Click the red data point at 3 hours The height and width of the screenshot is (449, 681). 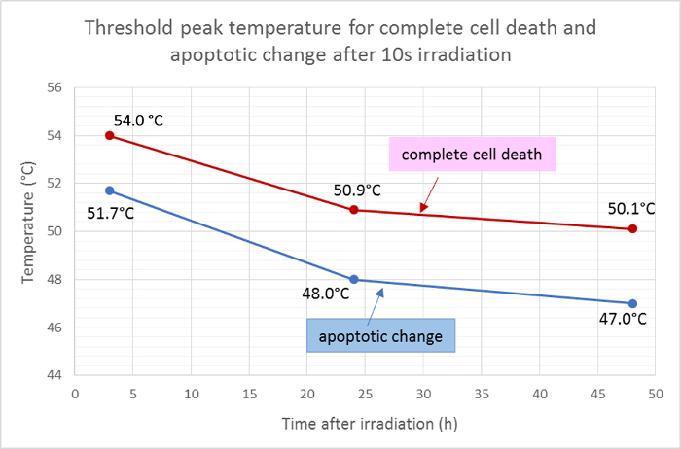[x=110, y=135]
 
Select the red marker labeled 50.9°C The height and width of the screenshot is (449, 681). [x=354, y=210]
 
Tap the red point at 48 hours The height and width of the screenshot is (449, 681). [x=632, y=229]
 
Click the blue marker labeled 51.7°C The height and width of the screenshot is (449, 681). [x=110, y=190]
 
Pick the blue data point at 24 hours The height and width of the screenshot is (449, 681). [x=354, y=280]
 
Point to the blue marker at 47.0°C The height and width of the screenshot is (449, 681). [x=632, y=303]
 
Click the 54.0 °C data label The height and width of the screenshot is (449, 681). [x=138, y=120]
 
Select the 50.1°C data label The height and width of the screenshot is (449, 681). [x=631, y=208]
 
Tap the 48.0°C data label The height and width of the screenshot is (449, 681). [x=324, y=292]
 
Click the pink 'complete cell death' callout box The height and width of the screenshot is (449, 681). [x=473, y=154]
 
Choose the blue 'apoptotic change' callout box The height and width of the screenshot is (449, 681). [x=381, y=335]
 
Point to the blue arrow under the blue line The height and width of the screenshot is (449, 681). [x=376, y=303]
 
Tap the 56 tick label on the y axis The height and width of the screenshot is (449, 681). [x=54, y=87]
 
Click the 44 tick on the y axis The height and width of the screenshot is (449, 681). [x=54, y=375]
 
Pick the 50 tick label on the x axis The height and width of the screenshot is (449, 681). [x=655, y=395]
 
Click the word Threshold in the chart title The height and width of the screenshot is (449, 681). [x=127, y=27]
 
